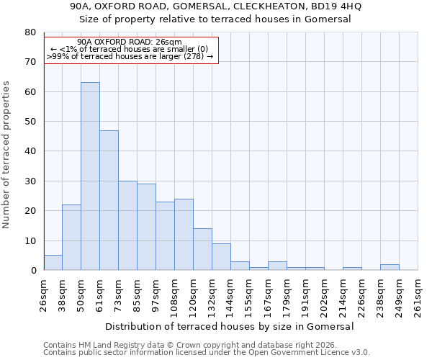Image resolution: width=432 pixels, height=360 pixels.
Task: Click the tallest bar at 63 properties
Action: [x=90, y=176]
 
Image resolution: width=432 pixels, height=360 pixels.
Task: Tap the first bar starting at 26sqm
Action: [x=53, y=263]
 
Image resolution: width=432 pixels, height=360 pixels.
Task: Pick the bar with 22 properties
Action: [x=71, y=238]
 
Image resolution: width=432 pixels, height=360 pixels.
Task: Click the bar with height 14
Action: [x=202, y=249]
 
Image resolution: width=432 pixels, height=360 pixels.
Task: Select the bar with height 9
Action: [x=221, y=257]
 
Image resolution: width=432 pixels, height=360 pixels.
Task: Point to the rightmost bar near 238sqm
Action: [x=390, y=267]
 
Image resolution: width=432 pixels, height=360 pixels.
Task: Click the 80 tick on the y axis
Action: [x=30, y=32]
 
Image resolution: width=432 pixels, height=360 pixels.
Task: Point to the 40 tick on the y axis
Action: [x=30, y=151]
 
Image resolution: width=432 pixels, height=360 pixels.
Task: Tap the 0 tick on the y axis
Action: [x=32, y=271]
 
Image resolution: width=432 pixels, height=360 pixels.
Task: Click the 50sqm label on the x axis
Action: [x=81, y=293]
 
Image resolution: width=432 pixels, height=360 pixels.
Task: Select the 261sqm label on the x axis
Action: [x=418, y=293]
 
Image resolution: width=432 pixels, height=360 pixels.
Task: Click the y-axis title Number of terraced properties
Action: [x=7, y=155]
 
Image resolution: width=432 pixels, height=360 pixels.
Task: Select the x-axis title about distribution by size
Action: [x=230, y=326]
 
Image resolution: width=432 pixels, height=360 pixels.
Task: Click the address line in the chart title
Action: [x=216, y=6]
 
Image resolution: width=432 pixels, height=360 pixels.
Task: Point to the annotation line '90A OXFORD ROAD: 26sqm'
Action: [x=130, y=42]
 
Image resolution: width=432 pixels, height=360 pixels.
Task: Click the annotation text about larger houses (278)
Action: [x=130, y=56]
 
